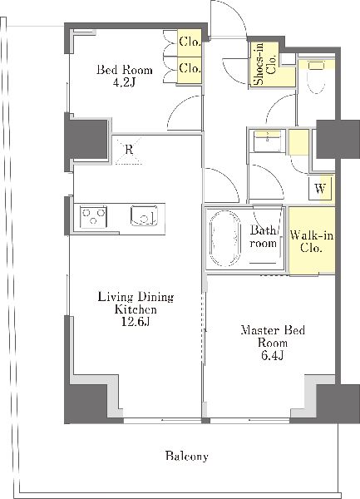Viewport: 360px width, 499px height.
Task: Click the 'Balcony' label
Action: coord(187,457)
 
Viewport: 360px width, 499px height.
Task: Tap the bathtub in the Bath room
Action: coord(224,238)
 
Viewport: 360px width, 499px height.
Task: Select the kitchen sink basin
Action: coord(145,215)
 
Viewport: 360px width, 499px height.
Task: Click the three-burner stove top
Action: coord(93,217)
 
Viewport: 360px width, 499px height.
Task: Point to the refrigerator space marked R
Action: coord(129,150)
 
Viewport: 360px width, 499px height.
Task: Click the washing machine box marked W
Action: coord(321,189)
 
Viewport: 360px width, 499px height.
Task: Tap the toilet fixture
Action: coord(317,77)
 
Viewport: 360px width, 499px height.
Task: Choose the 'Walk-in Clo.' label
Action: coord(312,241)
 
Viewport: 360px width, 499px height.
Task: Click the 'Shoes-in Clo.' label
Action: coord(266,64)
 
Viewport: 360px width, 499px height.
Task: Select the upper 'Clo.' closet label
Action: coord(190,42)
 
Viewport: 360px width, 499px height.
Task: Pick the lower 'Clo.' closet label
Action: coord(190,68)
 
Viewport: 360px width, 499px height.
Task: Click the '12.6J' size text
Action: coord(136,322)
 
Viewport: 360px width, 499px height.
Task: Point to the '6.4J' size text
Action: coord(273,355)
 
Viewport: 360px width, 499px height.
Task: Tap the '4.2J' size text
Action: coord(125,82)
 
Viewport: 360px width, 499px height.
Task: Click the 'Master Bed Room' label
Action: coord(273,336)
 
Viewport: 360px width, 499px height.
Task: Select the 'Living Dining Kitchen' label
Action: coord(136,303)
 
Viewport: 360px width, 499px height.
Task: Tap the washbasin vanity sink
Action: coord(267,141)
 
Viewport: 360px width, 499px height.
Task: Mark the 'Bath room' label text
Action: coord(263,236)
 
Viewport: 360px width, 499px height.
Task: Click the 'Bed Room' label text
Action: coord(125,70)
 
